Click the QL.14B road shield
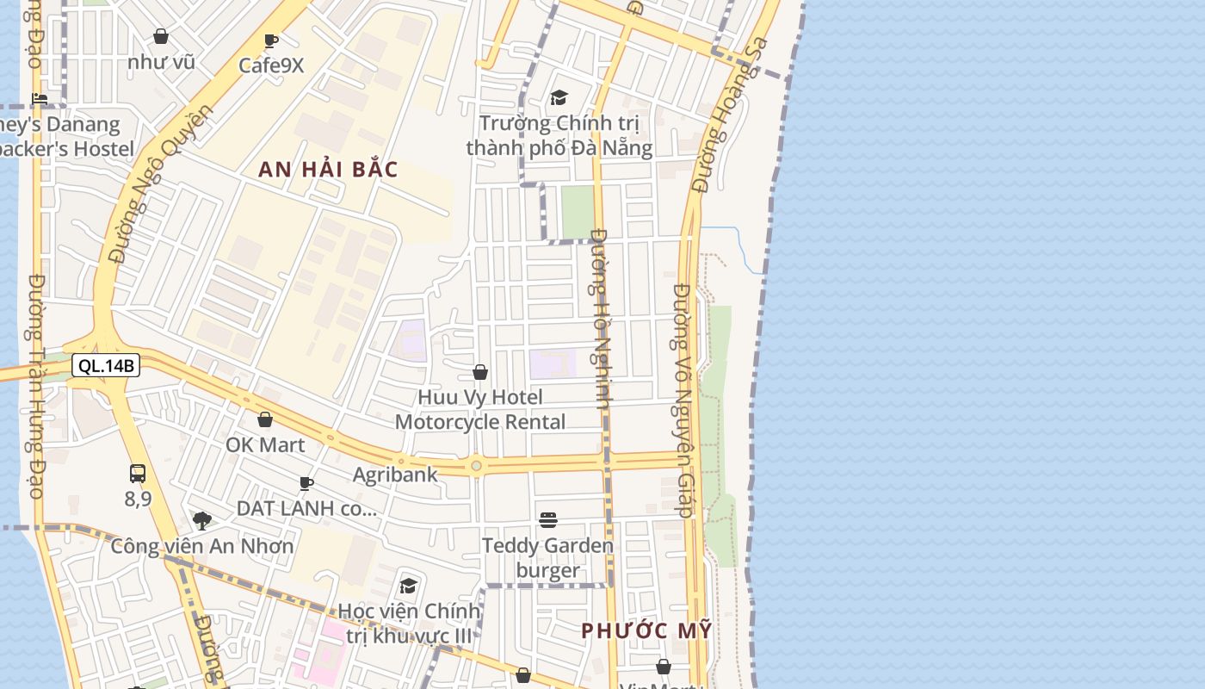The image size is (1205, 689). coord(106,366)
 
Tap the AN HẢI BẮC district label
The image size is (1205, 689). coord(328,170)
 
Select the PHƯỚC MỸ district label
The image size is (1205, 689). coord(646,630)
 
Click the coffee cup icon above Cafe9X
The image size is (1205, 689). coord(271,40)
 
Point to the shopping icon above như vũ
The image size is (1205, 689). coord(161,36)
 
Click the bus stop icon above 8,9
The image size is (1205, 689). coord(138,473)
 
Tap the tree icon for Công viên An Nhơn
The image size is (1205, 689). coord(202,520)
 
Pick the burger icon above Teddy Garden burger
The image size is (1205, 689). coord(548,519)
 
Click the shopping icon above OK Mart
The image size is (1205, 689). coord(265,419)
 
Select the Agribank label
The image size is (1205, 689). coord(395,475)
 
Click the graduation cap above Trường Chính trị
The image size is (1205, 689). coord(559,97)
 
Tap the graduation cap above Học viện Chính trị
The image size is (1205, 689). coord(408,586)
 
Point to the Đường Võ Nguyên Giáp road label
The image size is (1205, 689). coord(683,400)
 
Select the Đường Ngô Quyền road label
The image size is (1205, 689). coord(160,185)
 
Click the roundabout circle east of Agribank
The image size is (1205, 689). coord(476,466)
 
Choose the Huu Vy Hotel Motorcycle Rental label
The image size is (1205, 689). coord(480,409)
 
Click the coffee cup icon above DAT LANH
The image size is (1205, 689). coord(306,483)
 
